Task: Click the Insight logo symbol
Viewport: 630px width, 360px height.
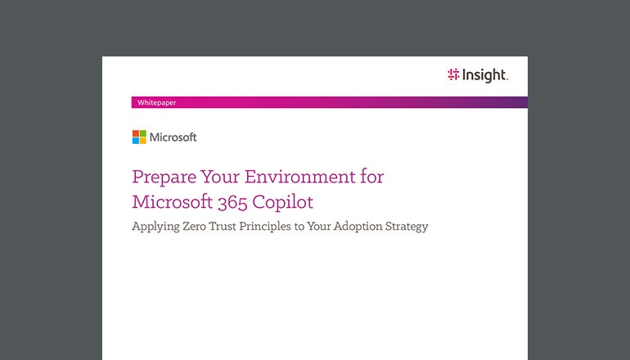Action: (454, 75)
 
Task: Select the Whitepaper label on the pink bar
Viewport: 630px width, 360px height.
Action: (156, 102)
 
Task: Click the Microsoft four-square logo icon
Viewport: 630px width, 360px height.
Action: (139, 137)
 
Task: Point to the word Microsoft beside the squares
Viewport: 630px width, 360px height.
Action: (173, 137)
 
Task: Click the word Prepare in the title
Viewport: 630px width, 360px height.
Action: (161, 178)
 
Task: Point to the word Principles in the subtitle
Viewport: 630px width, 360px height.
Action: (281, 227)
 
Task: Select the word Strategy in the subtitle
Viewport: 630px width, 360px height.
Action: (409, 227)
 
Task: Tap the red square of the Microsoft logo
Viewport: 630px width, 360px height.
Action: (136, 134)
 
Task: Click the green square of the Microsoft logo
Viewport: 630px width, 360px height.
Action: (143, 134)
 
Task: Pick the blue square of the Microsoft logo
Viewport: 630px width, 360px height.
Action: (136, 141)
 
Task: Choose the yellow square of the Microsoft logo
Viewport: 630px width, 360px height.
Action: (143, 141)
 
